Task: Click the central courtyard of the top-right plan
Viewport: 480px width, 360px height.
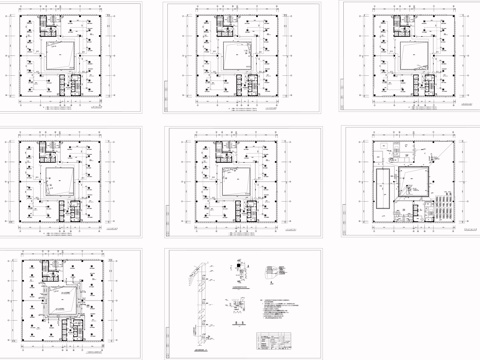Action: pos(412,56)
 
